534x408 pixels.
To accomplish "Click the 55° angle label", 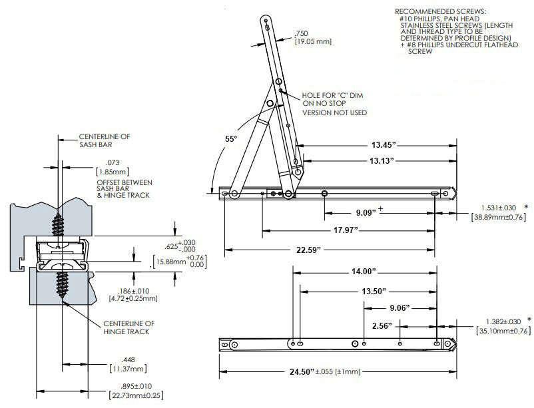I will click(x=230, y=139).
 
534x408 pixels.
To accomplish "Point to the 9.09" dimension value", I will click(x=365, y=214).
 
